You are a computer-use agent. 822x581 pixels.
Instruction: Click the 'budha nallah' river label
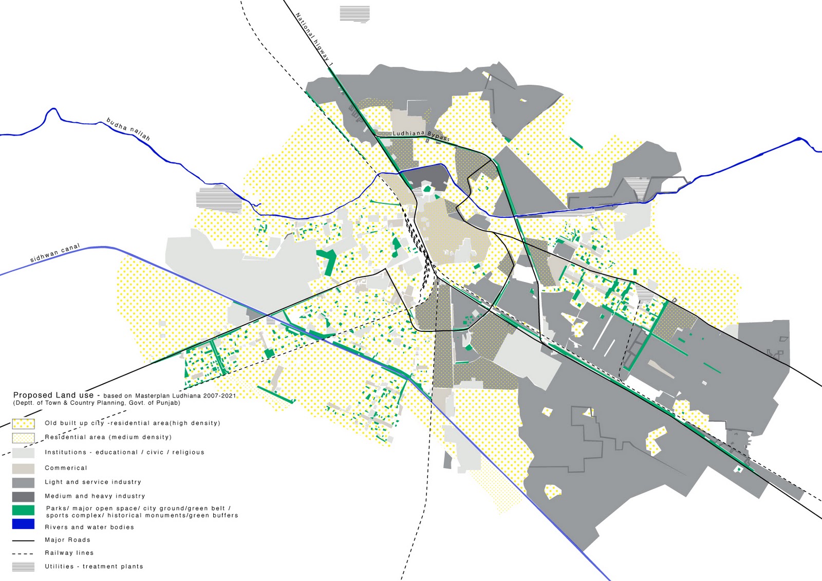pyautogui.click(x=128, y=129)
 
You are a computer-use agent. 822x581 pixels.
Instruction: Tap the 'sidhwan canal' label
pyautogui.click(x=55, y=253)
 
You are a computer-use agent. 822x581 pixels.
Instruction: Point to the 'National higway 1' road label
pyautogui.click(x=314, y=39)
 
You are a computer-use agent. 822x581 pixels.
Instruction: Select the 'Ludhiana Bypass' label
pyautogui.click(x=421, y=135)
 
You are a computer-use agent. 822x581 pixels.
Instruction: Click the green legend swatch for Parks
pyautogui.click(x=23, y=510)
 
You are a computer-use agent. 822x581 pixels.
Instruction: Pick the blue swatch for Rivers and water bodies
pyautogui.click(x=23, y=524)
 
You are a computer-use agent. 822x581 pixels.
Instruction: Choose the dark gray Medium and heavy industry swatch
pyautogui.click(x=23, y=496)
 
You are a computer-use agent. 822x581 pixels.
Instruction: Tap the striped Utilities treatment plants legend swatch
pyautogui.click(x=23, y=567)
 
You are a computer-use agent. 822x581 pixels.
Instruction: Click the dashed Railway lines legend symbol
pyautogui.click(x=23, y=553)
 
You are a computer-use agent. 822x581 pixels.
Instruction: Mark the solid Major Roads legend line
pyautogui.click(x=23, y=540)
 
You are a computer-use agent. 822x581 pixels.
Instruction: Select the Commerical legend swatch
pyautogui.click(x=23, y=468)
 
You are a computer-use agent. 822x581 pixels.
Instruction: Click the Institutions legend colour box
pyautogui.click(x=23, y=453)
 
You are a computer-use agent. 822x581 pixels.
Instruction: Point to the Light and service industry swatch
pyautogui.click(x=23, y=482)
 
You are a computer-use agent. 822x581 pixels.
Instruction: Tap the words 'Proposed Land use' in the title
pyautogui.click(x=53, y=395)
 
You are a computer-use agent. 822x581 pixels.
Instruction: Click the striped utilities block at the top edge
pyautogui.click(x=354, y=14)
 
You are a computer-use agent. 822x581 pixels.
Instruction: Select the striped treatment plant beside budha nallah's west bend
pyautogui.click(x=219, y=200)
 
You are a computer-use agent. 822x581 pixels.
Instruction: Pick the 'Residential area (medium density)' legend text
pyautogui.click(x=108, y=437)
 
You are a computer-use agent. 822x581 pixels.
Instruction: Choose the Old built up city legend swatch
pyautogui.click(x=23, y=424)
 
